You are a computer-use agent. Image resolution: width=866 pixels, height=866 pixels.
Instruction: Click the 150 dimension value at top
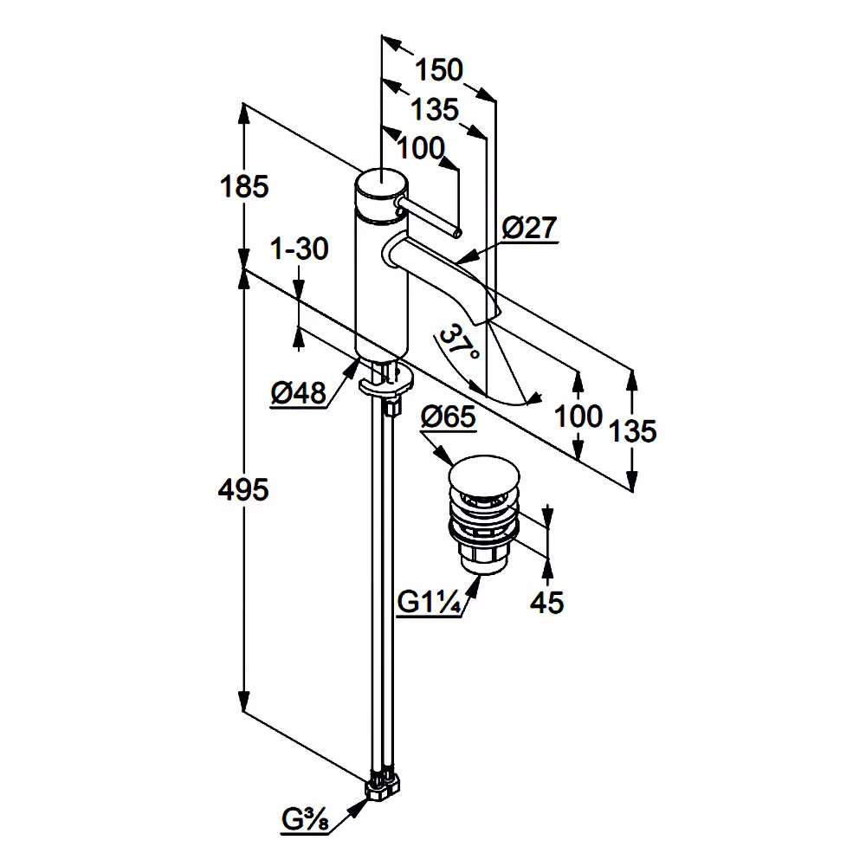pos(438,69)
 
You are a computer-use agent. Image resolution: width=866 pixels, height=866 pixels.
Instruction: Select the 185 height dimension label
pos(245,186)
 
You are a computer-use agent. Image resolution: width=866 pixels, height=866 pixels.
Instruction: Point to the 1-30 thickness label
pos(300,249)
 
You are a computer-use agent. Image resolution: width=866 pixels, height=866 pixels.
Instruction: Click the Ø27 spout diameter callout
pos(528,228)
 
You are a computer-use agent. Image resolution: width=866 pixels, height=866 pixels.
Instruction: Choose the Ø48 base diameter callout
pos(297,394)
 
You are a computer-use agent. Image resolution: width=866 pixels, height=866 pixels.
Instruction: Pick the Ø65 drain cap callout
pos(448,417)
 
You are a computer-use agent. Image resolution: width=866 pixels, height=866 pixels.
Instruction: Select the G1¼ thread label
pos(428,602)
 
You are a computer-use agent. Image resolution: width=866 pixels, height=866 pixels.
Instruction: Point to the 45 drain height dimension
pos(546,602)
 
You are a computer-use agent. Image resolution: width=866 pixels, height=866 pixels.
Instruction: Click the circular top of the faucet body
pos(379,184)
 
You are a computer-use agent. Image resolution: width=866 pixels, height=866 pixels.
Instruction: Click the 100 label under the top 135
pos(421,148)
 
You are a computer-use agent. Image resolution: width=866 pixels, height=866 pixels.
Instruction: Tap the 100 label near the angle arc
pos(578,416)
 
